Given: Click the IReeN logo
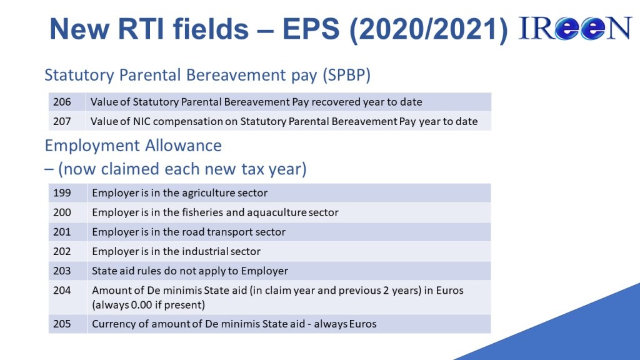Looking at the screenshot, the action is click(x=575, y=28).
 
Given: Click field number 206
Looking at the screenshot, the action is click(x=62, y=102).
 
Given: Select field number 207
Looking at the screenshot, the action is click(x=62, y=121).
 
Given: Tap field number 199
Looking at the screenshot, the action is click(x=62, y=192).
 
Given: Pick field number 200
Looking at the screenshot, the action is click(x=62, y=212).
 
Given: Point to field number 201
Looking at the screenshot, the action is click(x=62, y=232).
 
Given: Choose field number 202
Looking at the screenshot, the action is click(x=62, y=251).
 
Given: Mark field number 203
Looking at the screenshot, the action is click(x=62, y=271).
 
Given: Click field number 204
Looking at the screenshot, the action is click(x=62, y=291).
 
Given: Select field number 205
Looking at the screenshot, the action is click(x=62, y=324).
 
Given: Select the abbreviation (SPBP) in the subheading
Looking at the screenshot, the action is click(x=346, y=76).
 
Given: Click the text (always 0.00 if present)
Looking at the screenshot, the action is click(x=149, y=305).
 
